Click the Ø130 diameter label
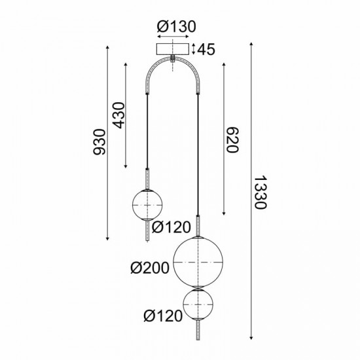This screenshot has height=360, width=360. [173, 27]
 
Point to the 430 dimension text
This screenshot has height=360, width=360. [119, 117]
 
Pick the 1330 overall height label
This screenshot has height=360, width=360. [261, 192]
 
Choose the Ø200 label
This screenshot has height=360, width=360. [150, 267]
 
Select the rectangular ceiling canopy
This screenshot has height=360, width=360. [173, 48]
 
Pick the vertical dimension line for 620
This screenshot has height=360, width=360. [225, 139]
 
